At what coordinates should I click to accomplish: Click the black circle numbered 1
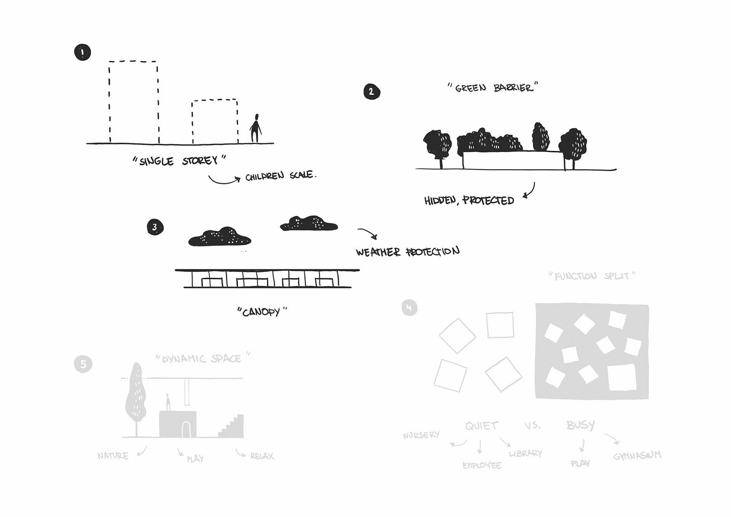82,53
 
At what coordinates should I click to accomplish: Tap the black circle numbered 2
372,92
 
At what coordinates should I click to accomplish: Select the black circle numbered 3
155,227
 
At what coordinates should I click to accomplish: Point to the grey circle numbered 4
409,307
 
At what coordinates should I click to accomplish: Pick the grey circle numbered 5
83,364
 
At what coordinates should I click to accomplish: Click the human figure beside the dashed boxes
256,128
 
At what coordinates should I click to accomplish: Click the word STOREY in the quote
200,161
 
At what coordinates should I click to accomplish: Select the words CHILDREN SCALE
280,176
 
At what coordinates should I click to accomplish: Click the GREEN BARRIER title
493,88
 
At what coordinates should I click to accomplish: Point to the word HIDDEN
440,200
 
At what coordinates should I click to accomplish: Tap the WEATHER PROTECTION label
408,252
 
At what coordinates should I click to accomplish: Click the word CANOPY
262,312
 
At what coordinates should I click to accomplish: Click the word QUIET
482,426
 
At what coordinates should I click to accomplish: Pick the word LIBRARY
525,453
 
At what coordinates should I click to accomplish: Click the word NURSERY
421,435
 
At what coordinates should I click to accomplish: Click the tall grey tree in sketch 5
136,392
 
